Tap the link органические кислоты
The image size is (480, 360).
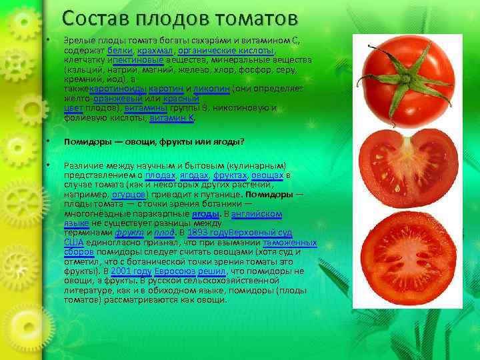(x=226, y=51)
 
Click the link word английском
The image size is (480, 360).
(x=257, y=213)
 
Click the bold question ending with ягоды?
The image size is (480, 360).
(x=154, y=141)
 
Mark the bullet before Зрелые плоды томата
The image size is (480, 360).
(x=49, y=41)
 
